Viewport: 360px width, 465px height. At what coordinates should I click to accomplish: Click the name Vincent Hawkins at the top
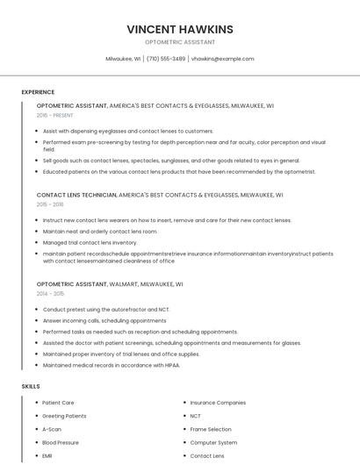[180, 29]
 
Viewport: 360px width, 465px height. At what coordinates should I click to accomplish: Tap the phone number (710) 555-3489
[166, 59]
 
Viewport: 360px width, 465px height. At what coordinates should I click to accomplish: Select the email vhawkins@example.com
[222, 59]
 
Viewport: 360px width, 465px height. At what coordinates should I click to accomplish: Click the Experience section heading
[38, 92]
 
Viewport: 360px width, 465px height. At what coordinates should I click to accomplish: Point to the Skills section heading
[31, 386]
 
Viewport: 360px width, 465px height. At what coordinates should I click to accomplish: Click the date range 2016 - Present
[54, 115]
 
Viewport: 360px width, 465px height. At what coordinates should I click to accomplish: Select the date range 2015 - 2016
[50, 204]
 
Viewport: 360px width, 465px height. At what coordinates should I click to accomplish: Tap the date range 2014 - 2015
[50, 294]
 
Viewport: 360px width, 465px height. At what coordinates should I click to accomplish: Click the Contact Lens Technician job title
[76, 195]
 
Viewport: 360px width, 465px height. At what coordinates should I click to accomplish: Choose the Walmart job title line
[110, 284]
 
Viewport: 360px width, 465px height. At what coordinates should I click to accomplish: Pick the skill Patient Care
[58, 403]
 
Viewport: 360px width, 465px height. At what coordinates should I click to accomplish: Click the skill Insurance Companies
[218, 403]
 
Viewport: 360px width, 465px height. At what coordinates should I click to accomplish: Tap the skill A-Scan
[52, 429]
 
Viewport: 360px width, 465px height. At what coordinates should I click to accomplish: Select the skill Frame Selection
[211, 429]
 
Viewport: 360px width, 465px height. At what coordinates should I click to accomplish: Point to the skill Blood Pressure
[61, 443]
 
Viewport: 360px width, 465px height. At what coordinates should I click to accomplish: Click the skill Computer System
[213, 443]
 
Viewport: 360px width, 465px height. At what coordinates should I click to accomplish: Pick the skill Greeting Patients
[64, 416]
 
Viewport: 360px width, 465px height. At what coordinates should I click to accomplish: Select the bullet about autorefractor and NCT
[105, 310]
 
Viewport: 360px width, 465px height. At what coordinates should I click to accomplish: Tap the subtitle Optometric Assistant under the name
[180, 42]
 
